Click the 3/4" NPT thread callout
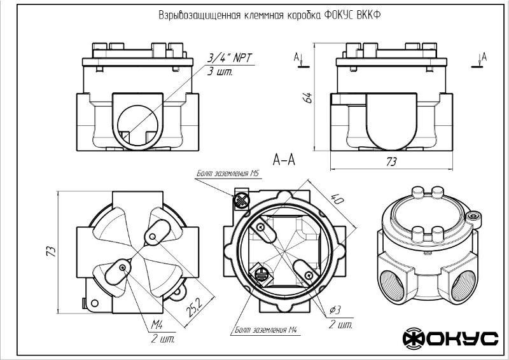[230, 58]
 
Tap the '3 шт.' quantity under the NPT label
[220, 72]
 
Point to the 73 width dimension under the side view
[391, 162]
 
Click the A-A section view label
[283, 159]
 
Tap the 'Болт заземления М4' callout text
[263, 331]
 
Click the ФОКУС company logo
[450, 338]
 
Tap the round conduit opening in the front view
[137, 119]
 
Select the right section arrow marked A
[480, 59]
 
